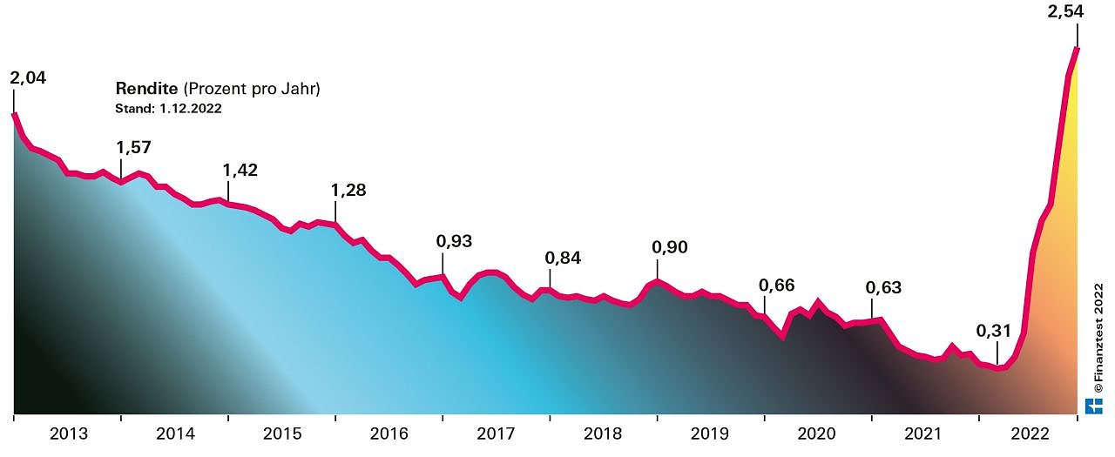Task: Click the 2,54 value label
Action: point(1078,13)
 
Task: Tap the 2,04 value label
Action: point(28,78)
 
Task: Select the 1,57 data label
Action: point(134,147)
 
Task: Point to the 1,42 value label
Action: point(240,170)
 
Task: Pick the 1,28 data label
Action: point(348,190)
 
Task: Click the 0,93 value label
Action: point(454,241)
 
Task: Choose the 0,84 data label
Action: point(563,258)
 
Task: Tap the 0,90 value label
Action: point(670,247)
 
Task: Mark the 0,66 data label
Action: point(777,286)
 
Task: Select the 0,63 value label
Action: point(884,287)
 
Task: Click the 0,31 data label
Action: point(994,331)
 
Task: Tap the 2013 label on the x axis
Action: point(68,433)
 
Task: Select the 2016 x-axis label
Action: point(389,433)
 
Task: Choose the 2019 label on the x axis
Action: point(711,433)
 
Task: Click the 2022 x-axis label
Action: point(1031,433)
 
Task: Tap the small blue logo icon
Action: point(1094,405)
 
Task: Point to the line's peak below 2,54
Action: point(1078,49)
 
